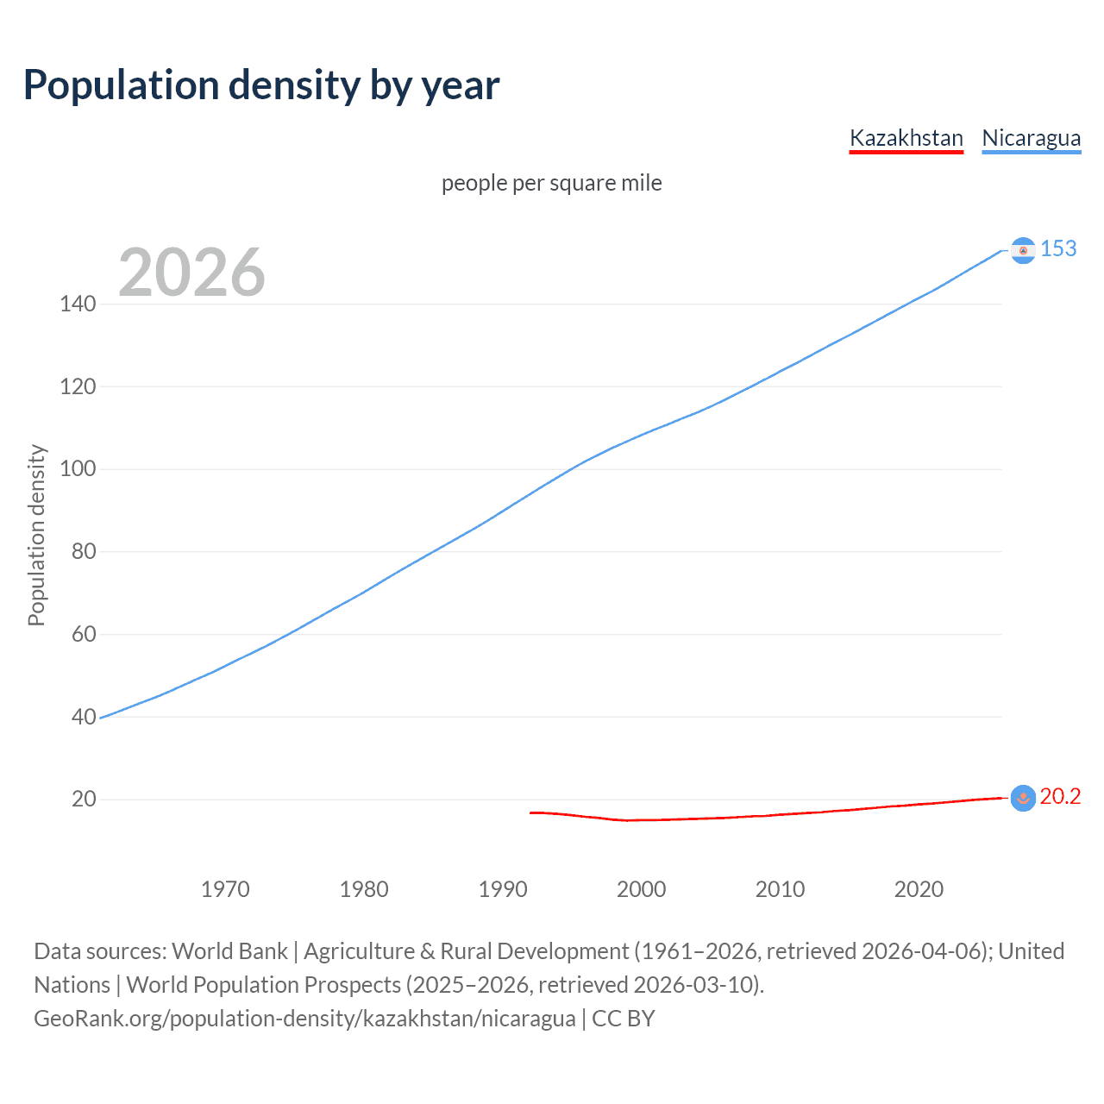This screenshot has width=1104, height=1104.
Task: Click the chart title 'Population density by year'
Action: tap(261, 85)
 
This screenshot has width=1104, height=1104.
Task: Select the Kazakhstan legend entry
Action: tap(906, 138)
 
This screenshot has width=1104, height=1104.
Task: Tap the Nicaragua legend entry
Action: tap(1031, 138)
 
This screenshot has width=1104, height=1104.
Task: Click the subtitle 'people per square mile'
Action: tap(552, 183)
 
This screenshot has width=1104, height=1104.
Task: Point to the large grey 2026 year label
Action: tap(191, 273)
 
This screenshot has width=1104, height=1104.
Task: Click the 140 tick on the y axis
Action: tap(78, 304)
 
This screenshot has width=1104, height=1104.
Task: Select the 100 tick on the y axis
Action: tap(78, 469)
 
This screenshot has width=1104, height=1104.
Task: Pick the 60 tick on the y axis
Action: tap(83, 634)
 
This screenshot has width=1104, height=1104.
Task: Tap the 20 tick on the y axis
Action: tap(83, 799)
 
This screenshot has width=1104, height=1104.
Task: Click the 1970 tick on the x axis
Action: tap(225, 889)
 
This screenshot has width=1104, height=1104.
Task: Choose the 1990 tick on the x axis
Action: tap(503, 889)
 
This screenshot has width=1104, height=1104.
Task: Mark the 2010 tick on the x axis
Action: tap(780, 889)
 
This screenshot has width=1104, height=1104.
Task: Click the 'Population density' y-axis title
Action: tap(36, 535)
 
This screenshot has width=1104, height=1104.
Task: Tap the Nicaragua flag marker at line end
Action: tap(1023, 250)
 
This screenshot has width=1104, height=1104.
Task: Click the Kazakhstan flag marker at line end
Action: tap(1023, 798)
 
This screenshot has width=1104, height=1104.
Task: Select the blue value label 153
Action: tap(1058, 248)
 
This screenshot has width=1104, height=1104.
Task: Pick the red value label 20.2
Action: tap(1060, 796)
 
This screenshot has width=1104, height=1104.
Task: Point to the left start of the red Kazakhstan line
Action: tap(531, 812)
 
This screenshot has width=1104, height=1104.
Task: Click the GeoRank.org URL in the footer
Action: tap(304, 1019)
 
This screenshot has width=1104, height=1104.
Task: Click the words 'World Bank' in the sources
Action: tap(229, 951)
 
